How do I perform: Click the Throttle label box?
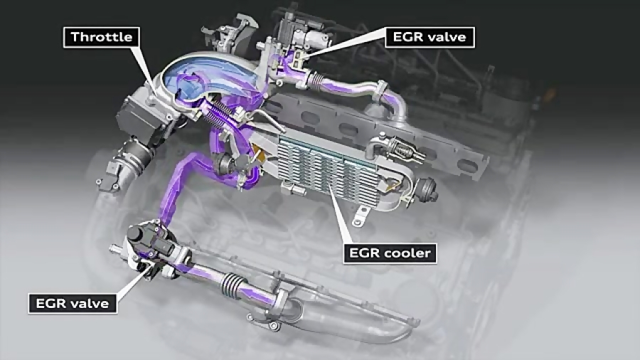[x=102, y=38]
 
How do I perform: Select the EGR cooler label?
[x=390, y=253]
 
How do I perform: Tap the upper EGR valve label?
[x=430, y=38]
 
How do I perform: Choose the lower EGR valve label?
[x=73, y=304]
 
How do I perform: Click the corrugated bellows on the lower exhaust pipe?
[x=230, y=285]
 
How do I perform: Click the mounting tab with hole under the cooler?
[x=360, y=216]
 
